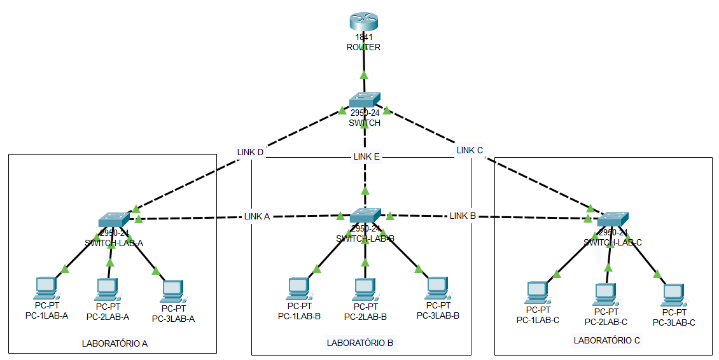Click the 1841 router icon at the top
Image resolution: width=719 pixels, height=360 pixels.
pos(364,22)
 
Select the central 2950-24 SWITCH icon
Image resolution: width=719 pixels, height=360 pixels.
pos(365,100)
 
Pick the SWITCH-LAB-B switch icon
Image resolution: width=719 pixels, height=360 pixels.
pos(365,215)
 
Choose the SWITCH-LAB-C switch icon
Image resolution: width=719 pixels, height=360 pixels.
pos(612,218)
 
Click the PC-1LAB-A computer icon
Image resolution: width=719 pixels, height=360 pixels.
pos(46,288)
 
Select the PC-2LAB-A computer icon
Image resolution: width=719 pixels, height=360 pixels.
pos(108,289)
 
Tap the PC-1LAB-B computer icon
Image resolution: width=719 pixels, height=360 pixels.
pos(298,288)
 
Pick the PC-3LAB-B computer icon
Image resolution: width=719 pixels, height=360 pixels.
pos(437,287)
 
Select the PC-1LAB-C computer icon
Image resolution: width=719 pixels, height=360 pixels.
pos(537,293)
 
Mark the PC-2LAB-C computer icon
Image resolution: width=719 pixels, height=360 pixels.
pos(605,294)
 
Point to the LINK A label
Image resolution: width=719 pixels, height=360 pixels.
pos(257,216)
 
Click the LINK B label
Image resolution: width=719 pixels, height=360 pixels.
pos(463,216)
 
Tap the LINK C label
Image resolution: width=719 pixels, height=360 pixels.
pos(470,151)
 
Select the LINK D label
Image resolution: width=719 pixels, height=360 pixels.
pos(250,153)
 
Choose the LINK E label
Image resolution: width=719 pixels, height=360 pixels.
pos(366,156)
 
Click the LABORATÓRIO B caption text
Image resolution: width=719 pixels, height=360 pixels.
pos(360,343)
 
